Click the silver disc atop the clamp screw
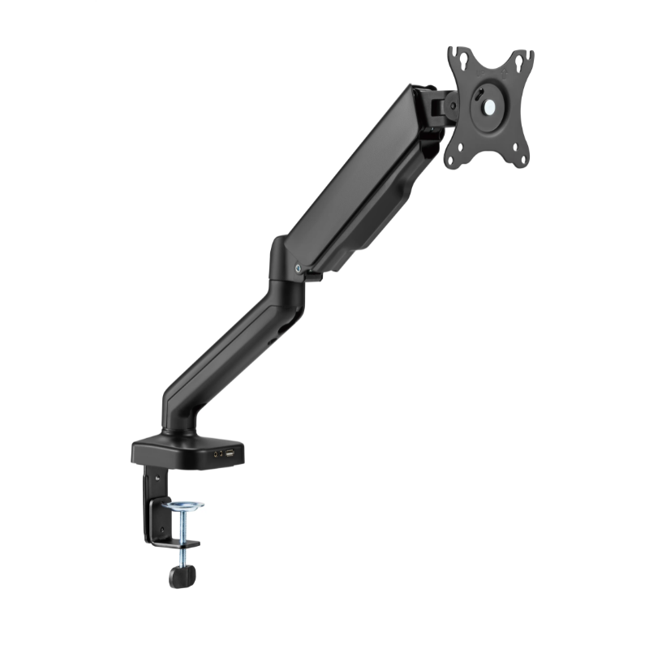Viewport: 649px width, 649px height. [x=183, y=508]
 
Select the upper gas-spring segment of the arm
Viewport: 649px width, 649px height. [x=357, y=178]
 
